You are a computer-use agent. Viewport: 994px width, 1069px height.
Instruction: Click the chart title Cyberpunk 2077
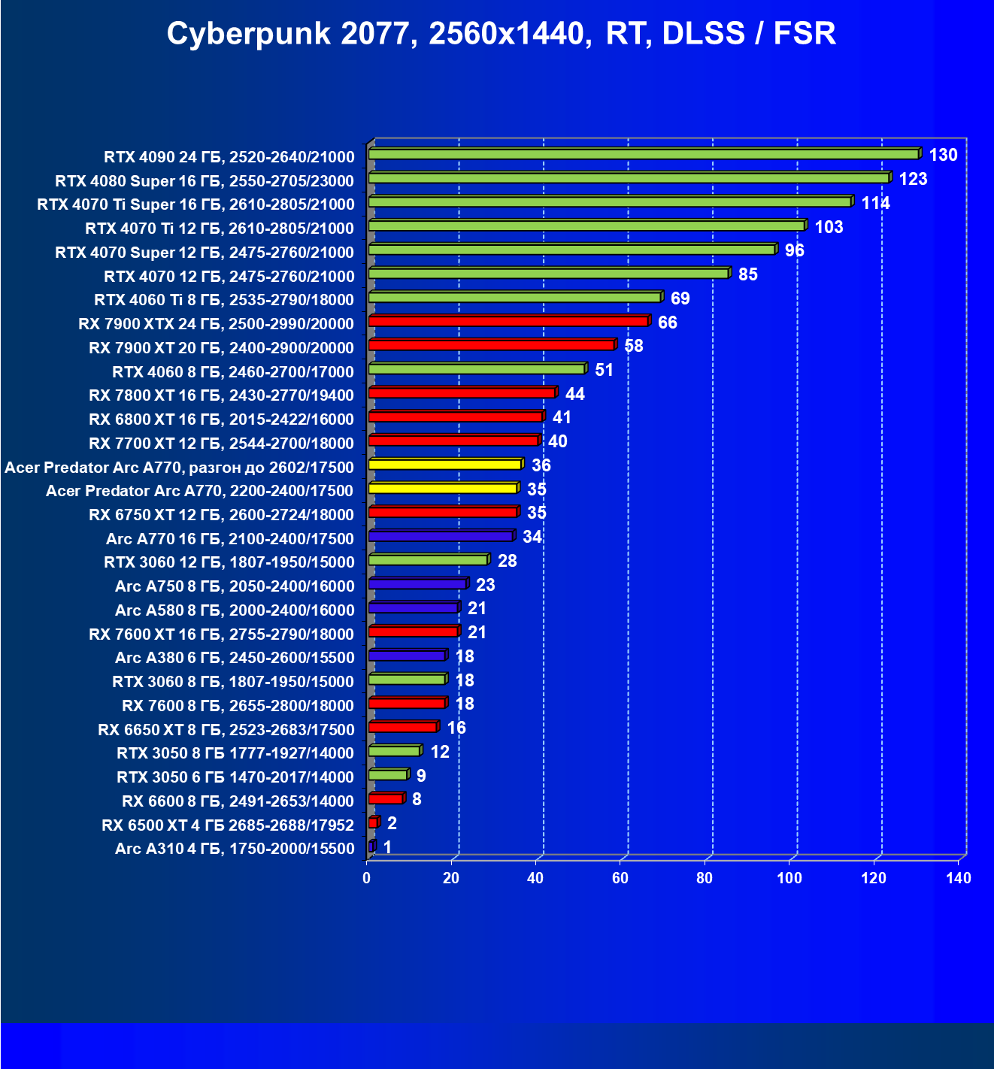pos(501,34)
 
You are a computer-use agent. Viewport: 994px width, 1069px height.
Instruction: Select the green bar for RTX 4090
pos(644,154)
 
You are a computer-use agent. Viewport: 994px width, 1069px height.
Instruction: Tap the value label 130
pos(943,155)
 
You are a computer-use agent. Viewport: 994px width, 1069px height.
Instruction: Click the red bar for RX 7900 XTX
pos(508,322)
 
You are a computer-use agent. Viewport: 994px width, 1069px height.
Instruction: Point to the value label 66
pos(667,323)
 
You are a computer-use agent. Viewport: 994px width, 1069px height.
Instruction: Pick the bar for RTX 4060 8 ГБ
pos(477,369)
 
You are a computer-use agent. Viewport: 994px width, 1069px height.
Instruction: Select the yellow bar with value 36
pos(445,465)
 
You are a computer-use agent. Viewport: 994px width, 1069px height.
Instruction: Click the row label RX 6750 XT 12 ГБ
pos(221,515)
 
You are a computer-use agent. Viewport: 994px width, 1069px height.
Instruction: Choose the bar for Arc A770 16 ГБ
pos(441,537)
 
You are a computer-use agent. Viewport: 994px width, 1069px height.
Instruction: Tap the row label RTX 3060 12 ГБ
pos(229,562)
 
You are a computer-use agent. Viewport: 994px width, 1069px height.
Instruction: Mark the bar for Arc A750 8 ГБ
pos(417,584)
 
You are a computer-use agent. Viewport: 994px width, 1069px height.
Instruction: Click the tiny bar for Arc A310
pos(371,846)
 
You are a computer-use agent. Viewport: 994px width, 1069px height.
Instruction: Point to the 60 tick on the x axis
pos(620,878)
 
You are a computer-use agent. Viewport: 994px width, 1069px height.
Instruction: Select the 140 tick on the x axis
pos(959,878)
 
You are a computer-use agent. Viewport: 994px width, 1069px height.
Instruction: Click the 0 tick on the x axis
pos(367,878)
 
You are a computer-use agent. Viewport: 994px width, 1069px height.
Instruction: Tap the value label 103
pos(829,227)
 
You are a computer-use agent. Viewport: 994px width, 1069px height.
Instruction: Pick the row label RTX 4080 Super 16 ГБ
pos(205,181)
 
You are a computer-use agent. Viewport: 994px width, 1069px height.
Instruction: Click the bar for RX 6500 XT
pos(373,823)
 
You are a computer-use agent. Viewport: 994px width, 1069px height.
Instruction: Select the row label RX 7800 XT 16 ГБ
pos(221,395)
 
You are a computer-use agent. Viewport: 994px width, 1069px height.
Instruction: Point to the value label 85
pos(747,274)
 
